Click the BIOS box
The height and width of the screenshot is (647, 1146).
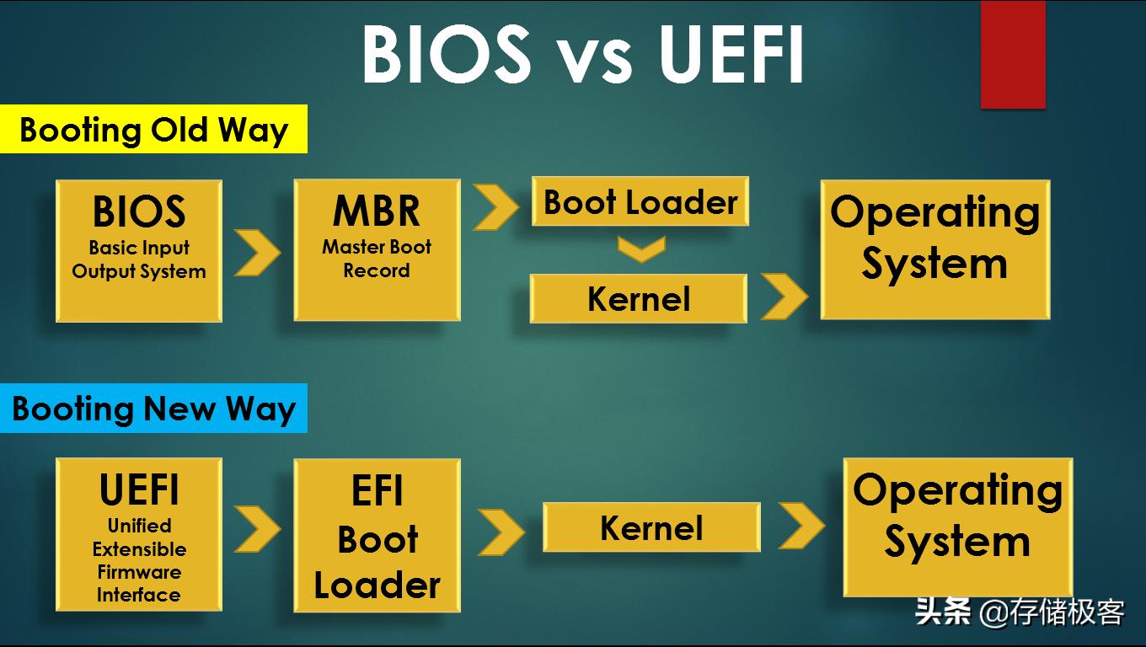click(x=139, y=250)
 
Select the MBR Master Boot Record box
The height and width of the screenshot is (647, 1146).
click(x=377, y=249)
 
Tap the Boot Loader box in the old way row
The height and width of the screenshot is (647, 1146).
click(x=640, y=201)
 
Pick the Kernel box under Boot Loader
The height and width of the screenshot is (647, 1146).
click(x=639, y=299)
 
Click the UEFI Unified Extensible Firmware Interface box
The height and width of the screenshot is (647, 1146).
click(x=139, y=534)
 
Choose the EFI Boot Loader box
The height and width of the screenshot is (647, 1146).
click(x=377, y=535)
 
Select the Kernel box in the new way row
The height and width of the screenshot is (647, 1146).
click(x=651, y=527)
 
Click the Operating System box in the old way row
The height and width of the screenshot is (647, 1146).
click(x=934, y=249)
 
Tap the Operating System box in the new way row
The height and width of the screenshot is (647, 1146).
click(x=957, y=527)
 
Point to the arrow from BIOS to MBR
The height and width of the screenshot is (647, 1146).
click(x=257, y=252)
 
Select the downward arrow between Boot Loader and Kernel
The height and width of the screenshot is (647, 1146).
click(x=641, y=249)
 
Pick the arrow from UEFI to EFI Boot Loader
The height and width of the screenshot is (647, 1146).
click(x=257, y=529)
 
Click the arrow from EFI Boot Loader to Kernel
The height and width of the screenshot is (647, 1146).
click(x=501, y=532)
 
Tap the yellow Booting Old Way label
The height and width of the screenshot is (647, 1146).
click(x=153, y=130)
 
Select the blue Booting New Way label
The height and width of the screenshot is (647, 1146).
click(x=153, y=409)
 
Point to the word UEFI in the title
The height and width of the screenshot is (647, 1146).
click(x=731, y=54)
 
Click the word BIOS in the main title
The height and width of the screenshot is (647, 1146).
click(x=447, y=54)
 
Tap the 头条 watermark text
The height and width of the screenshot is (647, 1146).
click(x=943, y=611)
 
